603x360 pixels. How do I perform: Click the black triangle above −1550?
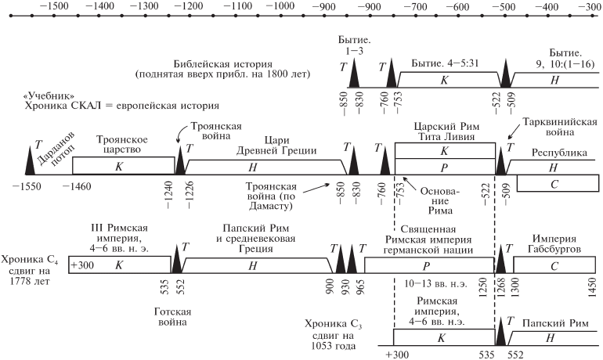point(31,160)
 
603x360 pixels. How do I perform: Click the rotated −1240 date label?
point(170,193)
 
